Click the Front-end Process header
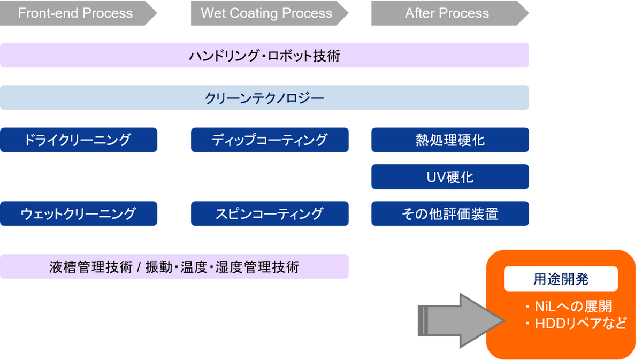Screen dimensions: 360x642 click(75, 13)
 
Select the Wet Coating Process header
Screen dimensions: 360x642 click(266, 13)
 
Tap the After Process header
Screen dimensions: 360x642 click(447, 13)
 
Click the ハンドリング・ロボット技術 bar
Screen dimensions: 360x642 click(265, 56)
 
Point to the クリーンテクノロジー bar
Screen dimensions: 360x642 click(265, 98)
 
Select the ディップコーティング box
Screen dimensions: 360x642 click(269, 140)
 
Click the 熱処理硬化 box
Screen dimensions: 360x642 click(449, 140)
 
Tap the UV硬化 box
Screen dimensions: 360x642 click(449, 177)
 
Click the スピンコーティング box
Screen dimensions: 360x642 click(269, 214)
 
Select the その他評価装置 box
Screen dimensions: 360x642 click(449, 214)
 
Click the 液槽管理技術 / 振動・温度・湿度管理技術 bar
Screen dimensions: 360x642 click(174, 266)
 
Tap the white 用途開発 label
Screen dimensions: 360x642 click(561, 279)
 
